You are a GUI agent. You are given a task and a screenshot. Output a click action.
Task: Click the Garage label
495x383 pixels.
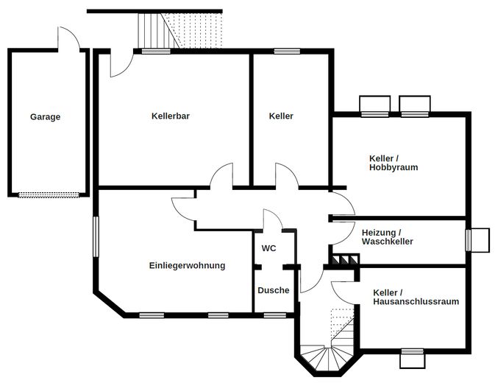coord(45,117)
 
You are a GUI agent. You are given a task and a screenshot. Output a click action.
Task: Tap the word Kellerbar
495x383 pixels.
coord(171,116)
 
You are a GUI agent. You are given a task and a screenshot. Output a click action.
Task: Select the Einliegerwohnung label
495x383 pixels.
coord(188,265)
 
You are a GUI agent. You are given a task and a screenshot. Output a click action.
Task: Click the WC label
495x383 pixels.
coord(268,248)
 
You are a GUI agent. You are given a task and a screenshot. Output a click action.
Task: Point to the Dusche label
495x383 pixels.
coord(274,290)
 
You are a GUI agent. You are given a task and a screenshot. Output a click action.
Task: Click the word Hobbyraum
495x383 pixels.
coord(393,167)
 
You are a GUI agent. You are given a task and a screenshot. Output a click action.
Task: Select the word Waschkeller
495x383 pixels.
coord(388,242)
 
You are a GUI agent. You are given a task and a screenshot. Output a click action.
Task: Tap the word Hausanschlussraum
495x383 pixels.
coord(416,301)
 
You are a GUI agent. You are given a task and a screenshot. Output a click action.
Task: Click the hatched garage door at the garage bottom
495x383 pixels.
coord(49,195)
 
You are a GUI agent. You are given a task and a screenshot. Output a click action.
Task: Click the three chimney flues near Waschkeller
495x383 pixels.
coord(344,259)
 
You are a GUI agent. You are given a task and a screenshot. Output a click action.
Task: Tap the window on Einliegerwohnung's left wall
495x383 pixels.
coord(96,236)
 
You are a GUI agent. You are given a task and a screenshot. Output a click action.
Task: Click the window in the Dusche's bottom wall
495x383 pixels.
coord(274,315)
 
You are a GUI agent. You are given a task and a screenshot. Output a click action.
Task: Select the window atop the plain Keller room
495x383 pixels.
coord(287,52)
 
